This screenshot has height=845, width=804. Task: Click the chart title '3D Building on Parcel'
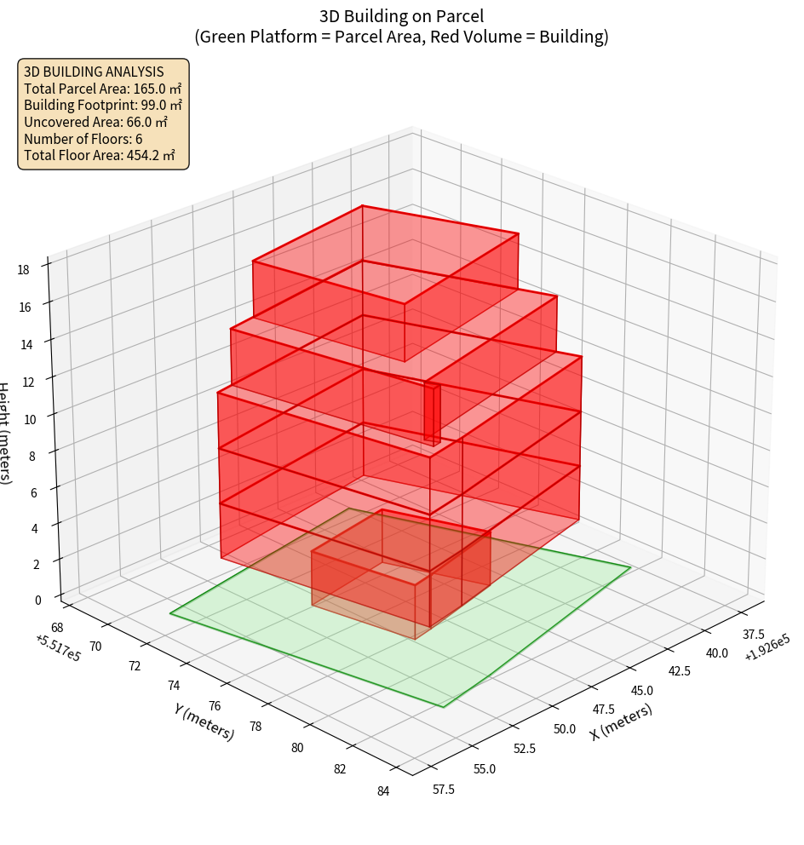click(x=401, y=16)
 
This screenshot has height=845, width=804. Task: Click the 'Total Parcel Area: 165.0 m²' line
click(x=102, y=89)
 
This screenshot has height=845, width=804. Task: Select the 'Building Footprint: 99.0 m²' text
click(x=103, y=106)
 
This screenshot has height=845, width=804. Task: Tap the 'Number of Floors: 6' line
click(x=83, y=139)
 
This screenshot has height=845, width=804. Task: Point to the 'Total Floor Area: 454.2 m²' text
click(x=100, y=156)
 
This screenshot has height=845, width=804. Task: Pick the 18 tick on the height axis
click(x=23, y=270)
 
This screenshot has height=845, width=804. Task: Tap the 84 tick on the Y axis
click(x=383, y=791)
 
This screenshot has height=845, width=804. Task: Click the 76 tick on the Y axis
click(x=215, y=706)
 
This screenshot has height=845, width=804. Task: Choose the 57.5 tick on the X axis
click(x=444, y=790)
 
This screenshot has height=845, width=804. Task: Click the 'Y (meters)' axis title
click(x=204, y=721)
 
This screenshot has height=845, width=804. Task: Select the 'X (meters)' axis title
click(x=621, y=723)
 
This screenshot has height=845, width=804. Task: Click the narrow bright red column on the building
click(x=433, y=414)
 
